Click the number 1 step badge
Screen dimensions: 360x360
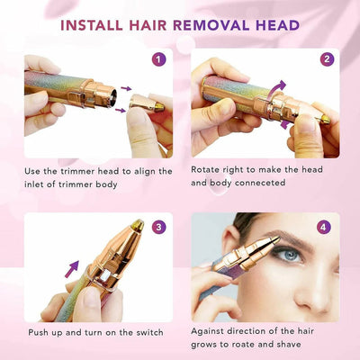coord(159,60)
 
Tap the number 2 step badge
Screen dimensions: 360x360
coord(328,60)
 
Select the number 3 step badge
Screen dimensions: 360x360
coord(159,226)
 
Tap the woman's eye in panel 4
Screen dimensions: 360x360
coord(286,255)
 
